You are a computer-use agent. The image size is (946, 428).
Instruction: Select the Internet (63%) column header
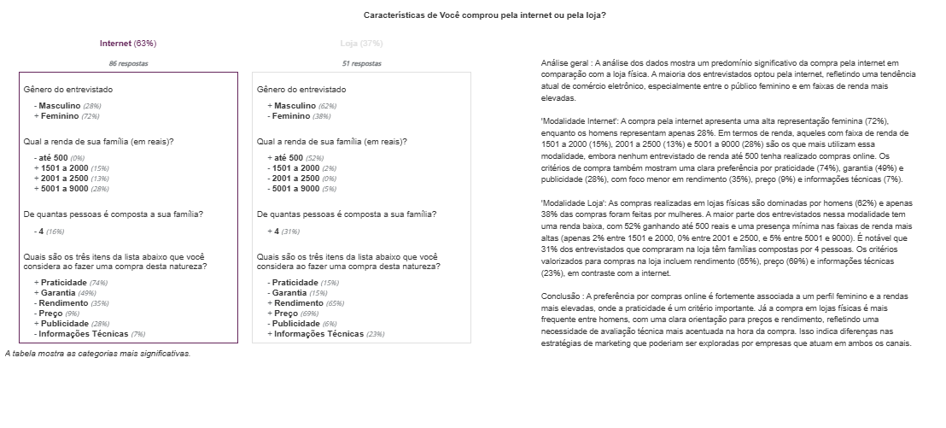click(x=128, y=43)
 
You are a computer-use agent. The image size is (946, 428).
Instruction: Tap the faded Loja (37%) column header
click(x=361, y=43)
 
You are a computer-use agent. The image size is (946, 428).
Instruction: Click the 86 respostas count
click(x=128, y=63)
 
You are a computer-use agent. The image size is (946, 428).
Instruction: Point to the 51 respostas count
click(x=361, y=63)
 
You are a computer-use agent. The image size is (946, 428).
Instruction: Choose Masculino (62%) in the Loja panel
click(x=303, y=106)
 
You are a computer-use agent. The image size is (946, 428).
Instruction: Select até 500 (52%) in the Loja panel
click(x=295, y=158)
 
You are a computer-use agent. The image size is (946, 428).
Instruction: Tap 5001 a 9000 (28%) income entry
click(x=73, y=189)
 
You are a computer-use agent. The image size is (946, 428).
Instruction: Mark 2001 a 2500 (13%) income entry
click(x=73, y=179)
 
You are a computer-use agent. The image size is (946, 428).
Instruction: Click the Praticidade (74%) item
click(x=73, y=283)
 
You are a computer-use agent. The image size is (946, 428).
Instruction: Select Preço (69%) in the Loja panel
click(x=295, y=314)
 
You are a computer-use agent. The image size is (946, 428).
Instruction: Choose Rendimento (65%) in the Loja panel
click(x=307, y=303)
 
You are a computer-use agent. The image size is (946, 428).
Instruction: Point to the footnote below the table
click(x=97, y=353)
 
